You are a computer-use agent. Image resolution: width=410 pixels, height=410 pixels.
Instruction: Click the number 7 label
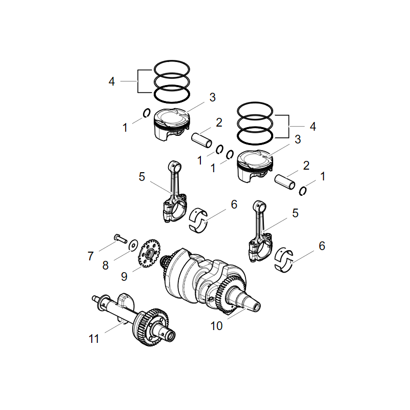[91, 255]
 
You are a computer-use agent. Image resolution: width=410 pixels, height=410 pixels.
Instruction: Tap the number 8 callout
[106, 265]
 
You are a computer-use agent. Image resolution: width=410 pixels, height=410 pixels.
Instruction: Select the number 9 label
[124, 276]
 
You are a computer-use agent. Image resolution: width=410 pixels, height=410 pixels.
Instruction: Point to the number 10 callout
[217, 325]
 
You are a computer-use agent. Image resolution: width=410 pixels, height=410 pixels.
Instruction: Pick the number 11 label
[93, 339]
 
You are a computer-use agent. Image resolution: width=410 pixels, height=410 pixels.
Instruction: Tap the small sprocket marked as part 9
[149, 252]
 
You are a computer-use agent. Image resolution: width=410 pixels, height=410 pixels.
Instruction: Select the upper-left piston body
[171, 126]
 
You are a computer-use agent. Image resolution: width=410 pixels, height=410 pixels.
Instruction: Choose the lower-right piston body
[254, 167]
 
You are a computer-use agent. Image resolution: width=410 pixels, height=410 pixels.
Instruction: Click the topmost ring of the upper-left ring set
[172, 68]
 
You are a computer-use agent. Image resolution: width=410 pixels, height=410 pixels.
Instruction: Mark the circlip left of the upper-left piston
[146, 113]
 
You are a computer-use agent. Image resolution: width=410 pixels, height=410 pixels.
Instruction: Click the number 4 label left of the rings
[111, 81]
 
